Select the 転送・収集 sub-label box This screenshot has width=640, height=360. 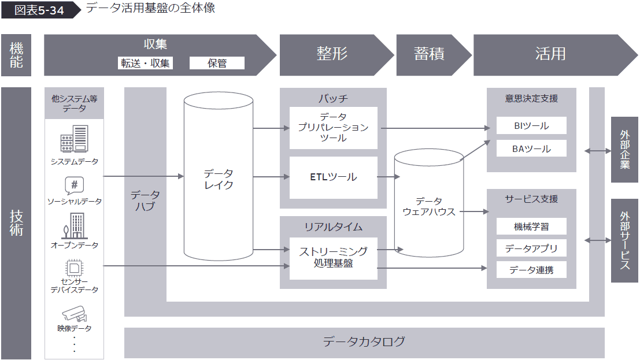[x=145, y=63]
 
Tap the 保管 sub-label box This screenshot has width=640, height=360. [x=217, y=63]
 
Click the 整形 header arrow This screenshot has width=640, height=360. [x=332, y=55]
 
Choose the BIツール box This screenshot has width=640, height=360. [x=531, y=125]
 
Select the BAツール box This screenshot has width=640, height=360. [x=531, y=149]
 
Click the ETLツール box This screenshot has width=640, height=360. [x=333, y=177]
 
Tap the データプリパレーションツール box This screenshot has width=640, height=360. [x=333, y=128]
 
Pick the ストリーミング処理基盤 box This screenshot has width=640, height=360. [x=333, y=258]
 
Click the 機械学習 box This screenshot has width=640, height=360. [x=531, y=227]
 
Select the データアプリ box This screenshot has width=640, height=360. [x=531, y=248]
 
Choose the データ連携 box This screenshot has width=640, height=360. [x=531, y=269]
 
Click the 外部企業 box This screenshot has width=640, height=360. [x=624, y=149]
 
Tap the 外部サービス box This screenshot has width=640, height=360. [x=624, y=240]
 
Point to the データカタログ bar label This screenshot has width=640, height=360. [x=364, y=342]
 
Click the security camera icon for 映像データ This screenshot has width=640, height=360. [x=74, y=314]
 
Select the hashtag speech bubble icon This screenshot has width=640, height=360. [x=74, y=185]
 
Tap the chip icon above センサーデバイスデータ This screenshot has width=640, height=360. [x=74, y=268]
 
